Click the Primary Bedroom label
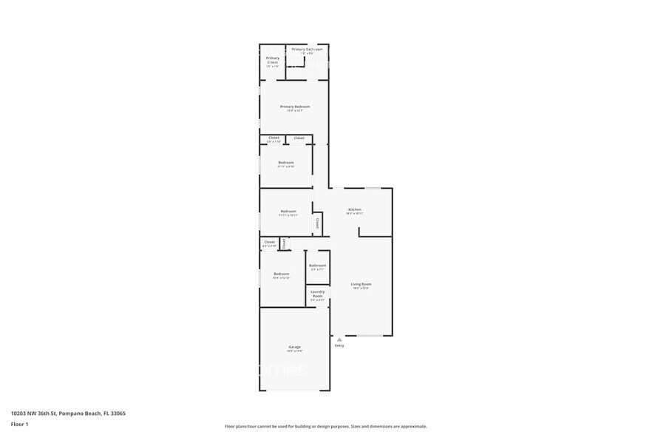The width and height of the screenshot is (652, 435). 295,107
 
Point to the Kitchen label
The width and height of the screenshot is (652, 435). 355,210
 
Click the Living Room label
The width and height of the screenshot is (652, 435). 361,284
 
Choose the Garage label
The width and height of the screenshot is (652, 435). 294,347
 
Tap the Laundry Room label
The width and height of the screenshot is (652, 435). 317,294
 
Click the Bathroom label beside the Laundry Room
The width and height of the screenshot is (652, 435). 318,266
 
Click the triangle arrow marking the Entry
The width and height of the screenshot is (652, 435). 339,340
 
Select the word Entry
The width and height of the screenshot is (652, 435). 339,345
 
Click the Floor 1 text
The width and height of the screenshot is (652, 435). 19,424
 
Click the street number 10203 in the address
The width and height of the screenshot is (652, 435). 20,414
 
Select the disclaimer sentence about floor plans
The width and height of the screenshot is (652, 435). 325,426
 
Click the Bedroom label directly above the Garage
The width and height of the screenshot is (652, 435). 282,274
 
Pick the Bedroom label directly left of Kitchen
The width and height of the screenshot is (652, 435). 288,212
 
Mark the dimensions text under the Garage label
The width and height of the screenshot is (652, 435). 294,351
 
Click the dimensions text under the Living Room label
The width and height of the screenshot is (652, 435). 361,289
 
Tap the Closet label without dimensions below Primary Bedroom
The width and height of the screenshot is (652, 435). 299,138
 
